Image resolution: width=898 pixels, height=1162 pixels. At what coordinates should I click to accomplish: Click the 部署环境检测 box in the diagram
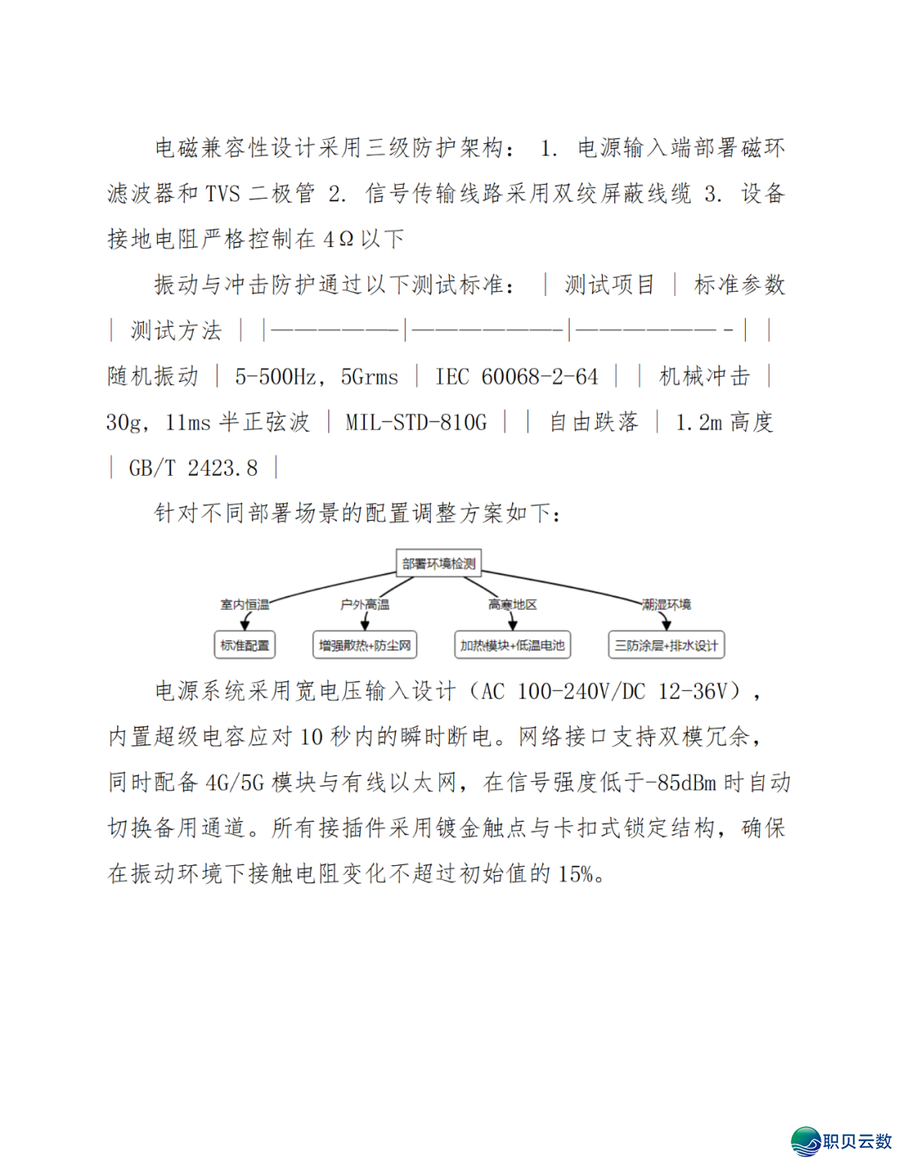(x=439, y=563)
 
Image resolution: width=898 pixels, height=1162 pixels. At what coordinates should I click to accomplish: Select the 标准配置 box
(x=244, y=645)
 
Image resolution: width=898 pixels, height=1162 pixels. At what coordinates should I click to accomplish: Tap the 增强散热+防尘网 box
(x=365, y=645)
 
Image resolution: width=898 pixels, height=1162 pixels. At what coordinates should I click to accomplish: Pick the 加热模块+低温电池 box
(x=512, y=645)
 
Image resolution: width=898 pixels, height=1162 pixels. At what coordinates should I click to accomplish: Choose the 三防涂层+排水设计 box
(x=666, y=645)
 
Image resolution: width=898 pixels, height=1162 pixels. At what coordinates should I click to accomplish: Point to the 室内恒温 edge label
(x=244, y=605)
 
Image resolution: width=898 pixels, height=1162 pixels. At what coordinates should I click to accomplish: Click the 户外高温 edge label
(x=364, y=605)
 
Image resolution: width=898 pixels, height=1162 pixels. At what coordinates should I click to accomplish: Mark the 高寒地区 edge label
(x=512, y=605)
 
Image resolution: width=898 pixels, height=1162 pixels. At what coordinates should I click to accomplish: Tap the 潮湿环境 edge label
(x=666, y=605)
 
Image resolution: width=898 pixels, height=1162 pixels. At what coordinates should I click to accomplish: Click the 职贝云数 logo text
(x=856, y=1141)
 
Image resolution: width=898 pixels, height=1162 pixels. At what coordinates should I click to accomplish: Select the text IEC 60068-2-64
(x=516, y=377)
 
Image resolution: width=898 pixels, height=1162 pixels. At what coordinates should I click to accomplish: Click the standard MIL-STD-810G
(x=416, y=423)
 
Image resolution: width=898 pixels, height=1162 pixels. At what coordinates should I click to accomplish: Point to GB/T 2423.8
(x=193, y=468)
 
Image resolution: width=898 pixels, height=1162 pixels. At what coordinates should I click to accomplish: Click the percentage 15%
(x=575, y=874)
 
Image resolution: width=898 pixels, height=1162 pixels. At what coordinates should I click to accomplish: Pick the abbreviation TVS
(x=223, y=194)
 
